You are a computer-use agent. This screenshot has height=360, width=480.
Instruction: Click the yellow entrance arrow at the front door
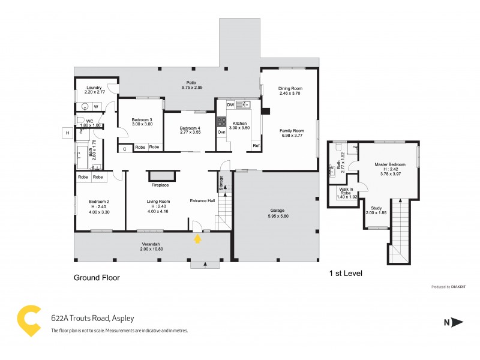click(x=197, y=239)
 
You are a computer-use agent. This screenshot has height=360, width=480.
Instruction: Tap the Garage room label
click(x=277, y=211)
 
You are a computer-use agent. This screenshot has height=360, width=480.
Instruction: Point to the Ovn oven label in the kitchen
click(x=221, y=131)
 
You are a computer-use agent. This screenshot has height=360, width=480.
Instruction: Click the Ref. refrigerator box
click(x=256, y=146)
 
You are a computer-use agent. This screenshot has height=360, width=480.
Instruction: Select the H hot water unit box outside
click(x=68, y=133)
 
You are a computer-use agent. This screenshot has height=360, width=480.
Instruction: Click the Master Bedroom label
click(x=390, y=164)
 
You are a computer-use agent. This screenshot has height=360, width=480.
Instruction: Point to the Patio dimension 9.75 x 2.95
click(x=191, y=88)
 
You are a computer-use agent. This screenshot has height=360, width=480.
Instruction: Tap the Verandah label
click(x=151, y=244)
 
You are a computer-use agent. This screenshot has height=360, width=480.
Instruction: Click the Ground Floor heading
click(x=97, y=278)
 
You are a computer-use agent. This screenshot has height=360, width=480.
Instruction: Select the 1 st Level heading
click(x=346, y=274)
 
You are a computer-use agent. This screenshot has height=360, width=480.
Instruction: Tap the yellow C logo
click(x=30, y=320)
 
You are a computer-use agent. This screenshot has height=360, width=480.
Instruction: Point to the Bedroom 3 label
click(x=142, y=119)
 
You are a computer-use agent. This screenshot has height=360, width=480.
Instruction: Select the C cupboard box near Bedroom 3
click(x=125, y=148)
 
